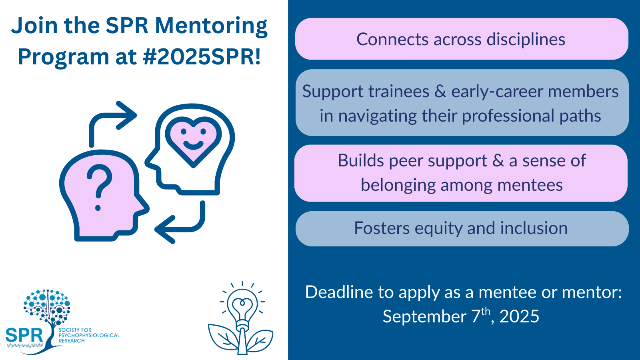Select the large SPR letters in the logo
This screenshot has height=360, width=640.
[x=24, y=335]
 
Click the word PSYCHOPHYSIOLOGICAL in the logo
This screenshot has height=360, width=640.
[x=89, y=335]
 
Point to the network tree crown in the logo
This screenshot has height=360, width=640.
[x=47, y=306]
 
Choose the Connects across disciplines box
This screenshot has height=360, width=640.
[x=462, y=39]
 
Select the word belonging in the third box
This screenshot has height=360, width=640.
[x=398, y=185]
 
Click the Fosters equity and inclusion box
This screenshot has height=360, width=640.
[x=462, y=228]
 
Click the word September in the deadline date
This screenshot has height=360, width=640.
[x=424, y=316]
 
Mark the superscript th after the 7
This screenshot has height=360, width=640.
[x=486, y=311]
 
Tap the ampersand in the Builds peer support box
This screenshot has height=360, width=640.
[x=498, y=160]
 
